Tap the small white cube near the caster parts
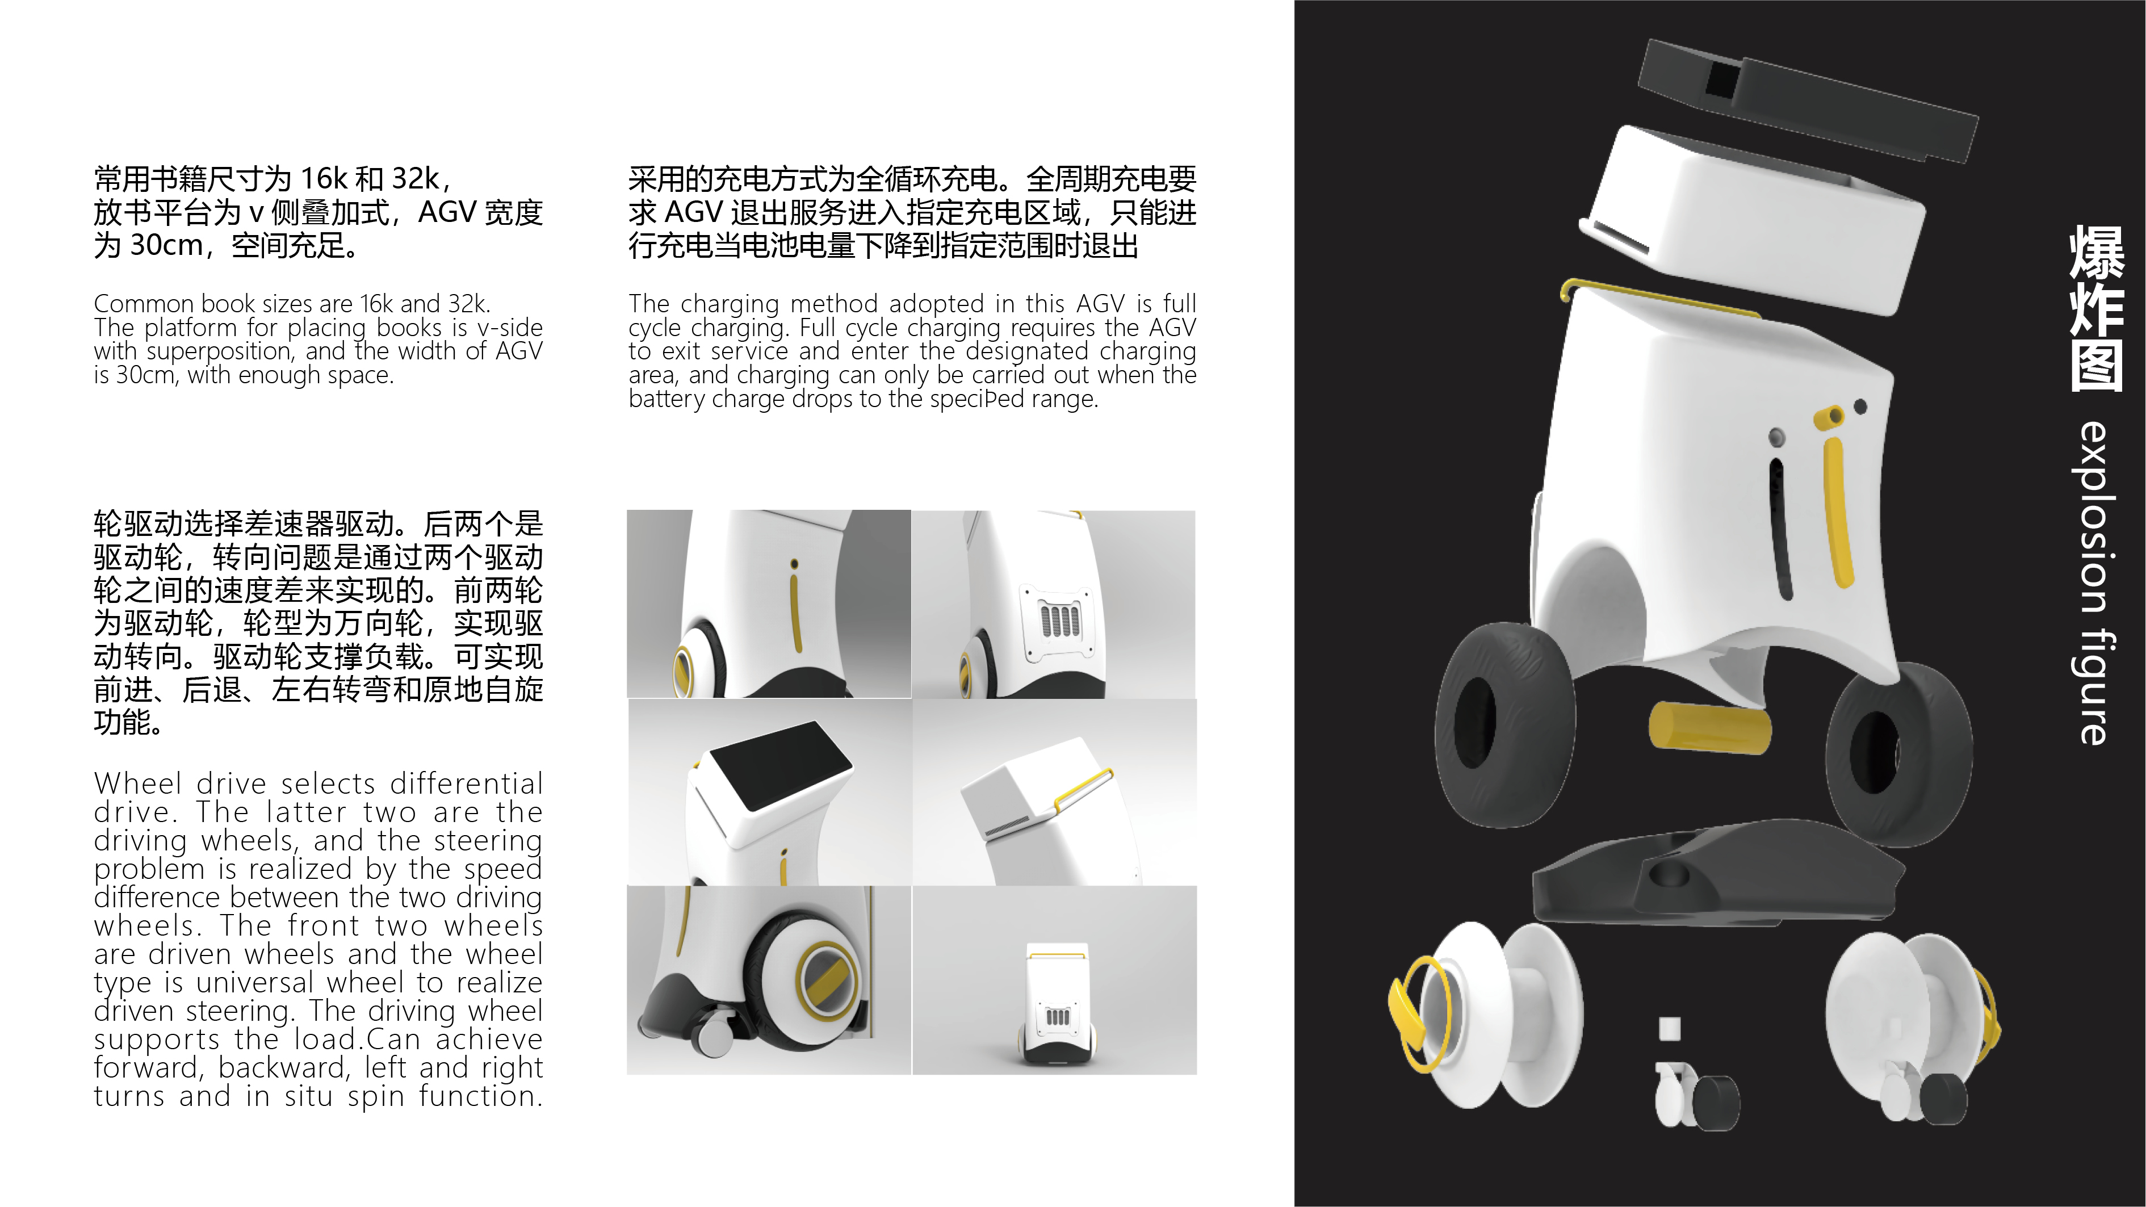click(x=1669, y=1029)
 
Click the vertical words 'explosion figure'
click(x=2094, y=583)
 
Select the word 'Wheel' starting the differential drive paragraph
click(x=137, y=784)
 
